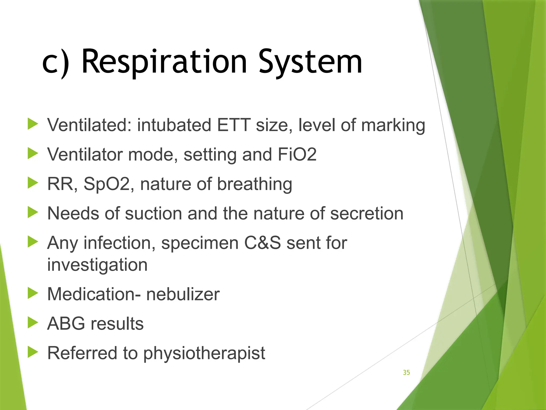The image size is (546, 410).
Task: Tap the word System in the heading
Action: click(x=310, y=62)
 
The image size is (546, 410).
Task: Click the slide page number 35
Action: click(x=406, y=372)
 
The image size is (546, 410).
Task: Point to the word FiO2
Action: click(x=297, y=154)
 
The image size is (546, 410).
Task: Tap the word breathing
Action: click(x=255, y=184)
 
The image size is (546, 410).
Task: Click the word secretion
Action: click(x=367, y=214)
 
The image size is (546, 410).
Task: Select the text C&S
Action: click(x=262, y=243)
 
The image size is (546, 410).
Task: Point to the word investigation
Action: click(x=97, y=265)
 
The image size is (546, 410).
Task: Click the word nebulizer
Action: click(x=183, y=294)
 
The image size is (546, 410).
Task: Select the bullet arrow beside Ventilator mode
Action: click(x=33, y=154)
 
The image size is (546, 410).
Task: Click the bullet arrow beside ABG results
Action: click(x=33, y=322)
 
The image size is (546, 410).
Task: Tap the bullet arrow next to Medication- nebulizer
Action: click(x=33, y=293)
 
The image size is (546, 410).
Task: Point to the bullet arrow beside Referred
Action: click(x=33, y=352)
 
